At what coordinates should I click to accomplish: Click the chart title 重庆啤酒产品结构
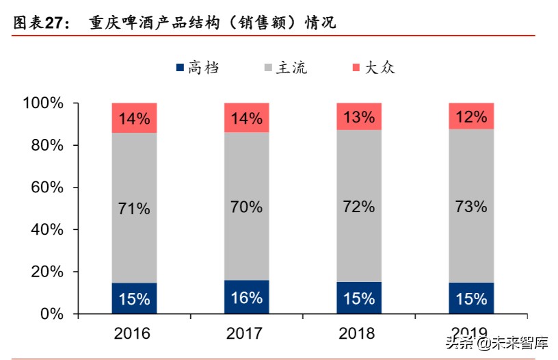coord(213,23)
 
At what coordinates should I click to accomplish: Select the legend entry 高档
coord(198,67)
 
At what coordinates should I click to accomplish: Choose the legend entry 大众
coord(373,67)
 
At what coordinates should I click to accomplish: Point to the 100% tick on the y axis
coord(43,103)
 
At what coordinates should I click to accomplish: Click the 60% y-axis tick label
coord(46,188)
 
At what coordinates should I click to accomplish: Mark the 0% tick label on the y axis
coord(51,314)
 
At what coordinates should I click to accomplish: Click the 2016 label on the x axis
coord(134,333)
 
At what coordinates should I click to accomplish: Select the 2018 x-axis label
coord(358,333)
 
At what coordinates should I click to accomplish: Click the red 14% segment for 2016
coord(134,118)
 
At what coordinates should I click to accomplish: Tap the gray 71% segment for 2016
coord(134,207)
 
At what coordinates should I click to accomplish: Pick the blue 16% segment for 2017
coord(246,297)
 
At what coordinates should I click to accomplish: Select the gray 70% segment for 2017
coord(246,205)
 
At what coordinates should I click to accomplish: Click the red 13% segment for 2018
coord(358,116)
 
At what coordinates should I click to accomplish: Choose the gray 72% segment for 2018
coord(358,205)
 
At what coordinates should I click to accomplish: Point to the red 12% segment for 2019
coord(470,116)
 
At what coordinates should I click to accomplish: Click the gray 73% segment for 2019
coord(470,205)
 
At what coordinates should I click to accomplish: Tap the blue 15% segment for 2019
coord(470,298)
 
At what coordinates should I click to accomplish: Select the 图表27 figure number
coord(41,23)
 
